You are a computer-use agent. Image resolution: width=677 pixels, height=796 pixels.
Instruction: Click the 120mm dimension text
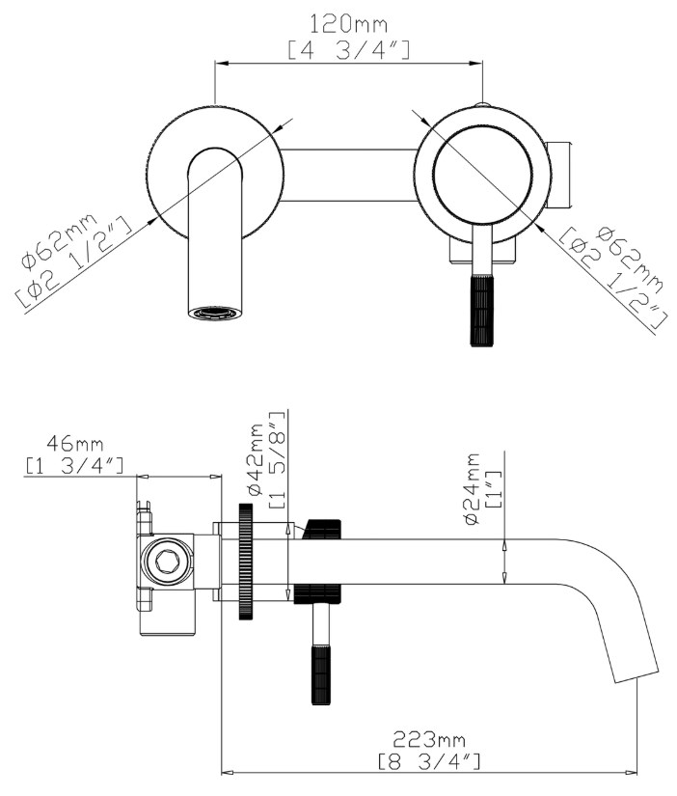pos(348,20)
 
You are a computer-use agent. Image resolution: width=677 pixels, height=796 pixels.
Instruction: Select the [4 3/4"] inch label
pos(348,47)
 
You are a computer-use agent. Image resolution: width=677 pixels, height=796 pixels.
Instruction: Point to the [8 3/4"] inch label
pos(431,762)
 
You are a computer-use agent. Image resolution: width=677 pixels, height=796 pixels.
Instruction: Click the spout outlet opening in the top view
pos(213,314)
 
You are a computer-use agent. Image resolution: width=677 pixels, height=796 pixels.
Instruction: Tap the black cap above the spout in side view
pos(322,529)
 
